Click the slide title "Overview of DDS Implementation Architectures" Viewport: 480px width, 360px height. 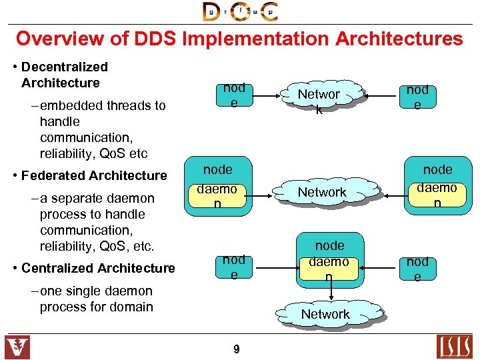click(239, 39)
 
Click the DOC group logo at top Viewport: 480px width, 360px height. click(240, 11)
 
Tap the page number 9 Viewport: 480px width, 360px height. click(237, 349)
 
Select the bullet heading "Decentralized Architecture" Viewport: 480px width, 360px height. click(64, 75)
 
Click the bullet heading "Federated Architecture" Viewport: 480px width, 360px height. click(94, 176)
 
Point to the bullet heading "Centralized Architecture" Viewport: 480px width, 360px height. click(98, 268)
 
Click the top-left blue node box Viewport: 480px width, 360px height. click(234, 95)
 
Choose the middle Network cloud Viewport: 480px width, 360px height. click(322, 192)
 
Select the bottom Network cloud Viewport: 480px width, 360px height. click(325, 314)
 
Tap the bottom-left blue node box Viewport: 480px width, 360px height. click(234, 267)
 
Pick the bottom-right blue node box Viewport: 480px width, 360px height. click(417, 269)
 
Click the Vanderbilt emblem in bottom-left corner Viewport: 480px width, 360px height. click(17, 347)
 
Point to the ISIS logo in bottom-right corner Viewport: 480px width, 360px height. click(455, 347)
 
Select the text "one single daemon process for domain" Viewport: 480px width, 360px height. click(96, 299)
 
